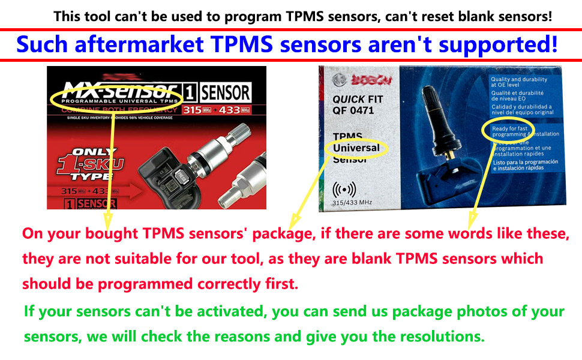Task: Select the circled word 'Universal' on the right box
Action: (356, 148)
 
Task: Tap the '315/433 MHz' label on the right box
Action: (352, 203)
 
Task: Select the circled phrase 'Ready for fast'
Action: (509, 128)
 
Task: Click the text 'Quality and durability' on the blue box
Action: (518, 80)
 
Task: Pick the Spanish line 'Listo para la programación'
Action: (525, 162)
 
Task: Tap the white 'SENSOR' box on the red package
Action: (225, 93)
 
